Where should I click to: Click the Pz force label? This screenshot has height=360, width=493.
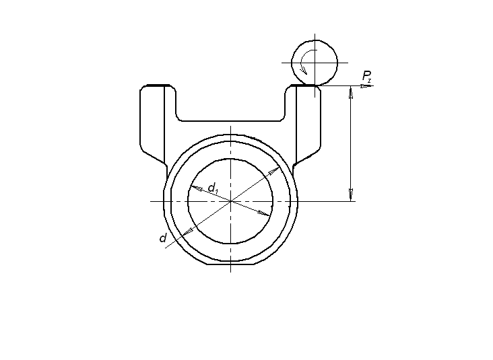[366, 76]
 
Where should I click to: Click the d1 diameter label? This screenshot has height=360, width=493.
[213, 188]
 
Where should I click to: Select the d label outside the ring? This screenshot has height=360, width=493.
[162, 238]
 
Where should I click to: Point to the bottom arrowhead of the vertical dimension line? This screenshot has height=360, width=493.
[351, 194]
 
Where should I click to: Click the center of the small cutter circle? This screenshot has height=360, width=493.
[315, 63]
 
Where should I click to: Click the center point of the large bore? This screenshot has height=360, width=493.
[231, 201]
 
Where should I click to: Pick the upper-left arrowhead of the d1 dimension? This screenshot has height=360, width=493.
[196, 188]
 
